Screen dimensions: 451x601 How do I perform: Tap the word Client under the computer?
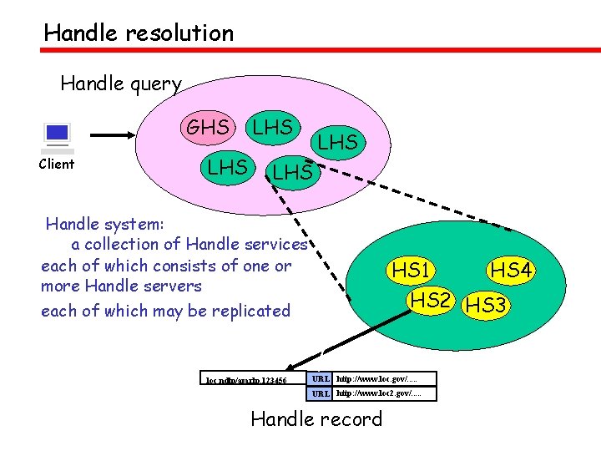point(57,164)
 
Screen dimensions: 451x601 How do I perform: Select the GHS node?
point(207,128)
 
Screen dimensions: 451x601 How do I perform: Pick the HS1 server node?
point(412,271)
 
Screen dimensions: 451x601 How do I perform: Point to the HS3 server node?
point(486,305)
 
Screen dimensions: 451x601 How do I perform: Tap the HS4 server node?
point(512,271)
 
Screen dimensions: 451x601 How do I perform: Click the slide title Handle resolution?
point(139,33)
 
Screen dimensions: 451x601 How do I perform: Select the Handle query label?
point(121,84)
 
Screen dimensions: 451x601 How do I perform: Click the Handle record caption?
point(316,418)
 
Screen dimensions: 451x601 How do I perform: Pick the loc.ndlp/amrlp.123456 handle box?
point(246,380)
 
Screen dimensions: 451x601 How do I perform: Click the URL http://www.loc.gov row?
point(372,378)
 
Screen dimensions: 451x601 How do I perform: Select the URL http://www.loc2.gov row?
point(372,393)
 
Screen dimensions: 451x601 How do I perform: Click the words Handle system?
point(105,224)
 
